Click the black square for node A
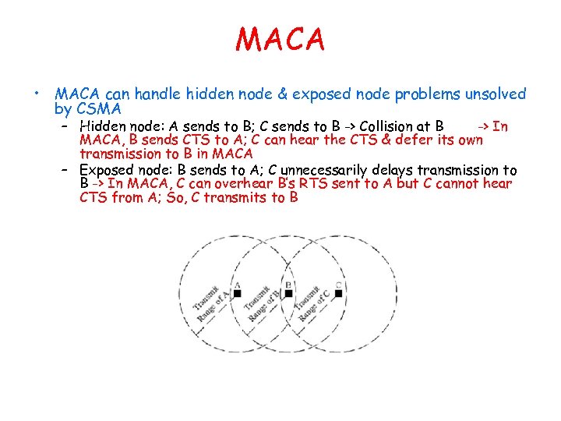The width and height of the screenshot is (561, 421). click(x=238, y=294)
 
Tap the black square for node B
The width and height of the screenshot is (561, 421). click(x=288, y=294)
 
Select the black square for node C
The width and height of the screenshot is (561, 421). click(x=338, y=294)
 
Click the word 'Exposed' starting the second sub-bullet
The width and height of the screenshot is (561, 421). click(x=108, y=170)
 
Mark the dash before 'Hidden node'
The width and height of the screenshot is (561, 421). click(x=68, y=126)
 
